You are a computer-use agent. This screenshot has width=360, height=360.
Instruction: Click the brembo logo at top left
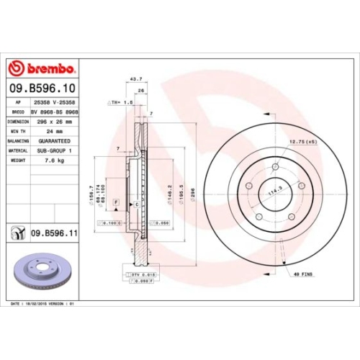(x=41, y=68)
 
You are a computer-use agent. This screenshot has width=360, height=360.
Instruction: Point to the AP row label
(x=16, y=103)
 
